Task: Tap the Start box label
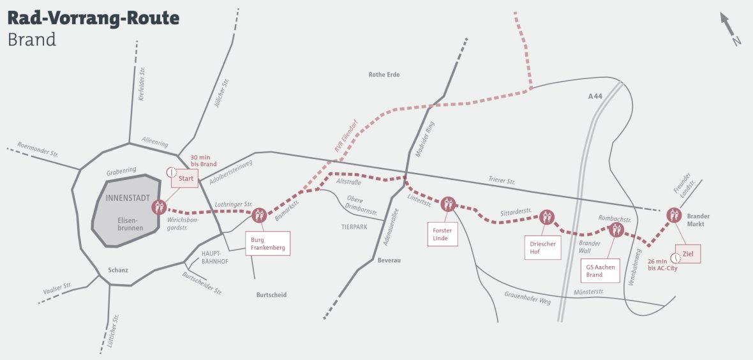pyautogui.click(x=185, y=179)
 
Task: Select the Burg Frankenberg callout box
pyautogui.click(x=267, y=243)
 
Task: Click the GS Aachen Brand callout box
pyautogui.click(x=599, y=271)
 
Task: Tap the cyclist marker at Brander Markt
pyautogui.click(x=674, y=214)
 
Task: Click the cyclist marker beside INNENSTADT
pyautogui.click(x=159, y=207)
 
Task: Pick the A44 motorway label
pyautogui.click(x=595, y=96)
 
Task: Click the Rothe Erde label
pyautogui.click(x=384, y=75)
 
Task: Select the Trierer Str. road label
pyautogui.click(x=501, y=181)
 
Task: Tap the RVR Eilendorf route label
pyautogui.click(x=346, y=135)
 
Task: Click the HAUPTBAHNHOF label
pyautogui.click(x=211, y=257)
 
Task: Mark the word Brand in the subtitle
pyautogui.click(x=32, y=40)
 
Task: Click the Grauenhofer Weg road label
pyautogui.click(x=527, y=297)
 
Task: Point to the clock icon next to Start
pyautogui.click(x=170, y=172)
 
